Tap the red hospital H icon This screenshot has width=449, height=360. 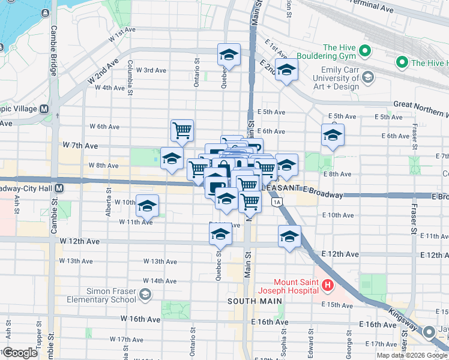point(327,286)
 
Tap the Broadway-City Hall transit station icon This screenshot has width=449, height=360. point(59,188)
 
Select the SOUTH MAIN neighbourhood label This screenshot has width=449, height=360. point(250,301)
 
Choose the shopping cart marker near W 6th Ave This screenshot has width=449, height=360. point(182,130)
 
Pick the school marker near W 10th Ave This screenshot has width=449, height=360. point(147,206)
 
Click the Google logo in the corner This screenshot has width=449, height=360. point(20,353)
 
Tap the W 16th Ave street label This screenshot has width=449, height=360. point(140,319)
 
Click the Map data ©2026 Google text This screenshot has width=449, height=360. point(412,355)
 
